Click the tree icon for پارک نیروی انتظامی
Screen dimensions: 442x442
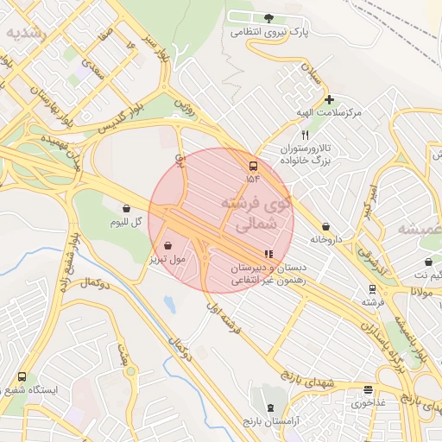click(x=268, y=18)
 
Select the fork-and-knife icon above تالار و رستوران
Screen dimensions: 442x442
click(x=305, y=136)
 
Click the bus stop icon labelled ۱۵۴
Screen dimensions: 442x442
click(x=253, y=166)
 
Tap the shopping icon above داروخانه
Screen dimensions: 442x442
click(x=325, y=226)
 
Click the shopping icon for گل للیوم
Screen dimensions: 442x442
click(x=127, y=208)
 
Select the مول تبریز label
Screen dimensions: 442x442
click(x=167, y=258)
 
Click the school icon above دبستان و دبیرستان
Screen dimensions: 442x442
click(x=269, y=255)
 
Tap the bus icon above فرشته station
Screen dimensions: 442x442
click(x=372, y=289)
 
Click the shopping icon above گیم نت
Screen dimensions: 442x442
click(x=429, y=262)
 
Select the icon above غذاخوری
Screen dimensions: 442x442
click(x=368, y=389)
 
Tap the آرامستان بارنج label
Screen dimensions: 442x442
click(x=271, y=420)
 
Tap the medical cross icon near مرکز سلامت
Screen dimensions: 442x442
click(x=329, y=99)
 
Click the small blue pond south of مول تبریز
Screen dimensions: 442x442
click(x=169, y=305)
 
